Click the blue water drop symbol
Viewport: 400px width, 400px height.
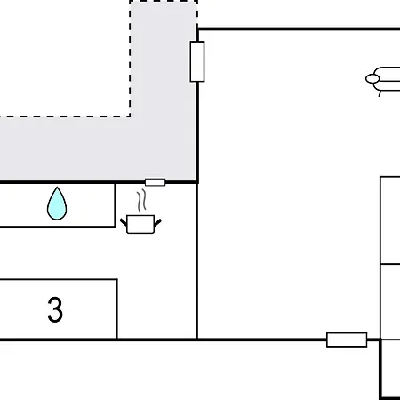pos(57,204)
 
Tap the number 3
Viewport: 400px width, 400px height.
pos(55,309)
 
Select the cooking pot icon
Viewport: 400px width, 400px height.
pos(140,224)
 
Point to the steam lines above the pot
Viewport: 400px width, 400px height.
pos(141,201)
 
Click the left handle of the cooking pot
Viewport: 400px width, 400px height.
pos(124,222)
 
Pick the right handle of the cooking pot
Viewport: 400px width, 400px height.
pos(157,222)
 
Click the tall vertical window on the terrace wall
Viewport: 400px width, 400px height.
pos(197,61)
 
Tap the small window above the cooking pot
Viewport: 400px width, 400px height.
pos(155,182)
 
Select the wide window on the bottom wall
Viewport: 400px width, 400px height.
pos(347,340)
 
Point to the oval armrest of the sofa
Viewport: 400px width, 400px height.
pos(372,79)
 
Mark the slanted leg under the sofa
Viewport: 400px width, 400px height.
pos(380,93)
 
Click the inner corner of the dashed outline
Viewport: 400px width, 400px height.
pos(130,116)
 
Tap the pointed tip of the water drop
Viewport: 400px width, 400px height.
pos(57,188)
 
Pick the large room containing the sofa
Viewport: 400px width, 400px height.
pos(287,184)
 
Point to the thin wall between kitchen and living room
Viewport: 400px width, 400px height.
pos(197,261)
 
